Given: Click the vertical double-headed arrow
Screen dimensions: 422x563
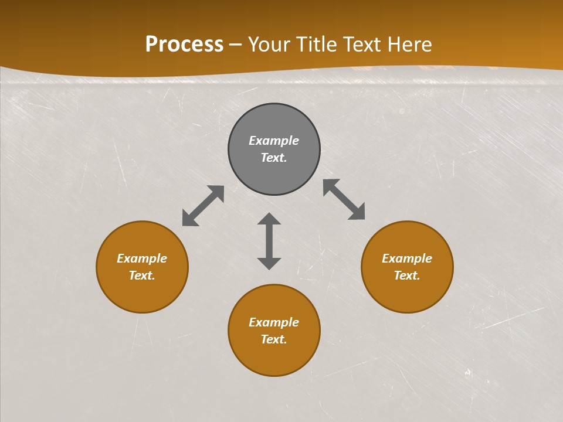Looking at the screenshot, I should [269, 241].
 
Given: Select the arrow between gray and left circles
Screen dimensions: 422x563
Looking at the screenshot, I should [203, 206].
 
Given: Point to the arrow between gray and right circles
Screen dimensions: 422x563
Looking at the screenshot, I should [344, 199].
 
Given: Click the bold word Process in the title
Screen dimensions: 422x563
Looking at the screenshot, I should [184, 45].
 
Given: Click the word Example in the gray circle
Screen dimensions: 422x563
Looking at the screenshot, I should [274, 141].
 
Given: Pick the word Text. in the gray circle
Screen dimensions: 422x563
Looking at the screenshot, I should [274, 158].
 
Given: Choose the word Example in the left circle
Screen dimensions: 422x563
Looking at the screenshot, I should [142, 258].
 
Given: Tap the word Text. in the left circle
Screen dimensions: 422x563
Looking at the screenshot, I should [142, 275].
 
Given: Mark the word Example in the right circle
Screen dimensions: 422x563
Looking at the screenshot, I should [407, 258].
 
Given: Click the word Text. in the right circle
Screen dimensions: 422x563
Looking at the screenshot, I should [407, 275].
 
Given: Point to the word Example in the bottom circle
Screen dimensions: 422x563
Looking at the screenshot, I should [274, 322].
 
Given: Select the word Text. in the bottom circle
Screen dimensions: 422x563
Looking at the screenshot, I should [274, 339].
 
